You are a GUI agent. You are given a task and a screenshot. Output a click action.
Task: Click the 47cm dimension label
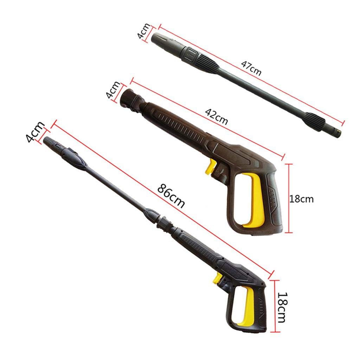(x=251, y=67)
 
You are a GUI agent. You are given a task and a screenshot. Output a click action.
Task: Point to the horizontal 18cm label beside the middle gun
(x=301, y=199)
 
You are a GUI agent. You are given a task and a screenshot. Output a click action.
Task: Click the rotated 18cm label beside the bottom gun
(x=284, y=307)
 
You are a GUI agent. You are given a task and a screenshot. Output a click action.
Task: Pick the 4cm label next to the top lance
(x=143, y=32)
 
